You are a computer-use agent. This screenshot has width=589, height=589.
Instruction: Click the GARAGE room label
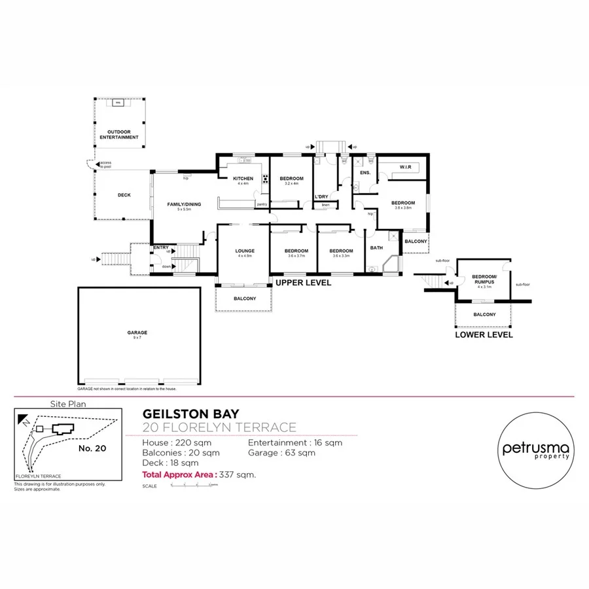click(x=137, y=332)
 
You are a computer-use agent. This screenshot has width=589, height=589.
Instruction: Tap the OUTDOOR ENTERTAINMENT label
click(x=119, y=134)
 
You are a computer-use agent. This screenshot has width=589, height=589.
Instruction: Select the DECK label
click(x=124, y=194)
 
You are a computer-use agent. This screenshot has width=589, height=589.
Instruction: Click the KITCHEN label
click(x=243, y=179)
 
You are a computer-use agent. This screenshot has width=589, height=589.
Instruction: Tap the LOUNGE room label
click(x=244, y=251)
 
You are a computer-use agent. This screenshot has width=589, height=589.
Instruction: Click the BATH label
click(x=376, y=248)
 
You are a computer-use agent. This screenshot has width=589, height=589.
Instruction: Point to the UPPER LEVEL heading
click(x=303, y=283)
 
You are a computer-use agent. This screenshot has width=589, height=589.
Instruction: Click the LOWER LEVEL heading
click(x=484, y=334)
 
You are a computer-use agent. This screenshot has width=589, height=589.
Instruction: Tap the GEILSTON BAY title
click(x=191, y=414)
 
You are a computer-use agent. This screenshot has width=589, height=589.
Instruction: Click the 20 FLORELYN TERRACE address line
click(x=219, y=428)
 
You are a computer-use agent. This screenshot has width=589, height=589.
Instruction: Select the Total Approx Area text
click(x=199, y=474)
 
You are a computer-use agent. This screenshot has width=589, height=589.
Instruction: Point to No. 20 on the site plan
click(x=92, y=448)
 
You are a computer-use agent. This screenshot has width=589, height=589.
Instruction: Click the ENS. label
click(x=365, y=173)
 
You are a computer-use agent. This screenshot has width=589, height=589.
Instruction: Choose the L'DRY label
click(x=321, y=196)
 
